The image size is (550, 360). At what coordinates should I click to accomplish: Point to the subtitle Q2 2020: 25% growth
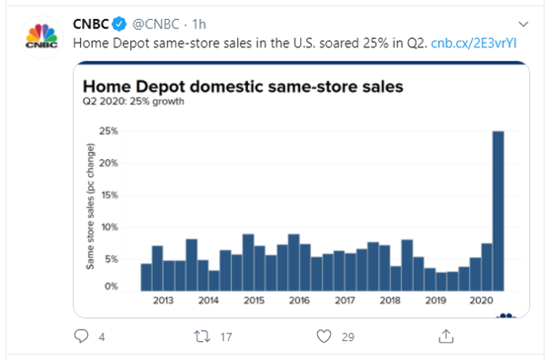(134, 103)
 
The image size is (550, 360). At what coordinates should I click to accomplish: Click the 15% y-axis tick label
(108, 195)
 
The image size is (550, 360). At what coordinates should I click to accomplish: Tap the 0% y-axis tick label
(110, 286)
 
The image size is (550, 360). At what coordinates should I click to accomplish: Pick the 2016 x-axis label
(299, 301)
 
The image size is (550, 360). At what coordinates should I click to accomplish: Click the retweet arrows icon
(203, 337)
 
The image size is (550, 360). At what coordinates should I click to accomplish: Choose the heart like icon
(323, 337)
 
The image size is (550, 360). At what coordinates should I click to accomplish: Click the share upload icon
(445, 336)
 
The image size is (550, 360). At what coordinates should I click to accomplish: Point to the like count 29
(346, 337)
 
